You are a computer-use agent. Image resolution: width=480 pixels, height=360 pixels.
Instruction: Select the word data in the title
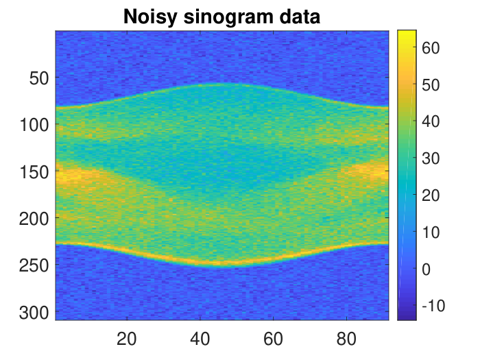300,16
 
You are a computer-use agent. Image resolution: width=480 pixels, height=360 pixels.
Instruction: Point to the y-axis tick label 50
39,78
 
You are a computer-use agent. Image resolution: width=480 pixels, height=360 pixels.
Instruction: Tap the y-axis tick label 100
34,125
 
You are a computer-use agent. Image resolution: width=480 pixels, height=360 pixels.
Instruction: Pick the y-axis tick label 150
34,172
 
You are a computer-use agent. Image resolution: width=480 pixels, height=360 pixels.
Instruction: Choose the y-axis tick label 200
34,219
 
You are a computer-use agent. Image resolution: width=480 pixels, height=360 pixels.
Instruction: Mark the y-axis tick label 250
34,265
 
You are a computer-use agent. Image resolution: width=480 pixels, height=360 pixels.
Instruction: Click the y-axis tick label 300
34,313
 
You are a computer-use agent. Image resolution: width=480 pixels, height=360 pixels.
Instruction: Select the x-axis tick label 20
126,339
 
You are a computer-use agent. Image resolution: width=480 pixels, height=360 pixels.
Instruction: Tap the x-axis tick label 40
200,339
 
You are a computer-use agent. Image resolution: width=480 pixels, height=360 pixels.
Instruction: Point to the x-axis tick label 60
273,339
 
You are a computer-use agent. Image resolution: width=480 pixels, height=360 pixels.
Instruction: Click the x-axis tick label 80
346,339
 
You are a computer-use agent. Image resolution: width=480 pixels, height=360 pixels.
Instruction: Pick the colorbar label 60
431,48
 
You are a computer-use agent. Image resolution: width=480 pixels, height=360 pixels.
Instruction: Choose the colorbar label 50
431,85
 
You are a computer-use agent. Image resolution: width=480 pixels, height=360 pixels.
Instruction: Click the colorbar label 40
431,122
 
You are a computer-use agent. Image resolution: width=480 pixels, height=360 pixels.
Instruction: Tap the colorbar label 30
431,158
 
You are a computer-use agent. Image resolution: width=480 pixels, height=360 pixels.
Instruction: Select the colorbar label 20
431,195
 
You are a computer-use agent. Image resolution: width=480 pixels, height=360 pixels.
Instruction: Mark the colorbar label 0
427,269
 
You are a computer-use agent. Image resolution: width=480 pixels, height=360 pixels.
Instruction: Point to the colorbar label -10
433,306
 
